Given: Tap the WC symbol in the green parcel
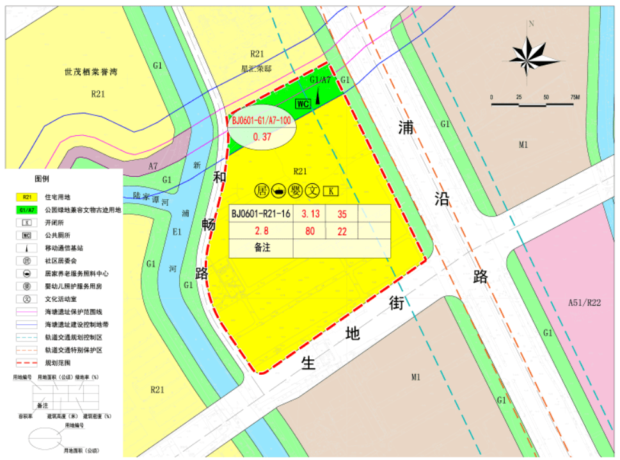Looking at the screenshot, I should point(303,103).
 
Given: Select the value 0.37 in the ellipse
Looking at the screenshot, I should point(262,136).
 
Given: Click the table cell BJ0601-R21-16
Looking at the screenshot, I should point(261,213).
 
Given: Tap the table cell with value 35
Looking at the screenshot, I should point(342,213).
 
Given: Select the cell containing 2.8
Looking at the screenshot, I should point(261,231).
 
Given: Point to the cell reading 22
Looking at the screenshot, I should point(342,231).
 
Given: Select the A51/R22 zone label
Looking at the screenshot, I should point(584,302).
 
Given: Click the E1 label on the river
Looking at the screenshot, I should point(177,233).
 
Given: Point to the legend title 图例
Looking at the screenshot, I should point(42,179).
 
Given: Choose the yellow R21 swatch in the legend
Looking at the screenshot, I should point(28,197).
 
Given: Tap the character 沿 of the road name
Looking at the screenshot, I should point(441,198).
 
